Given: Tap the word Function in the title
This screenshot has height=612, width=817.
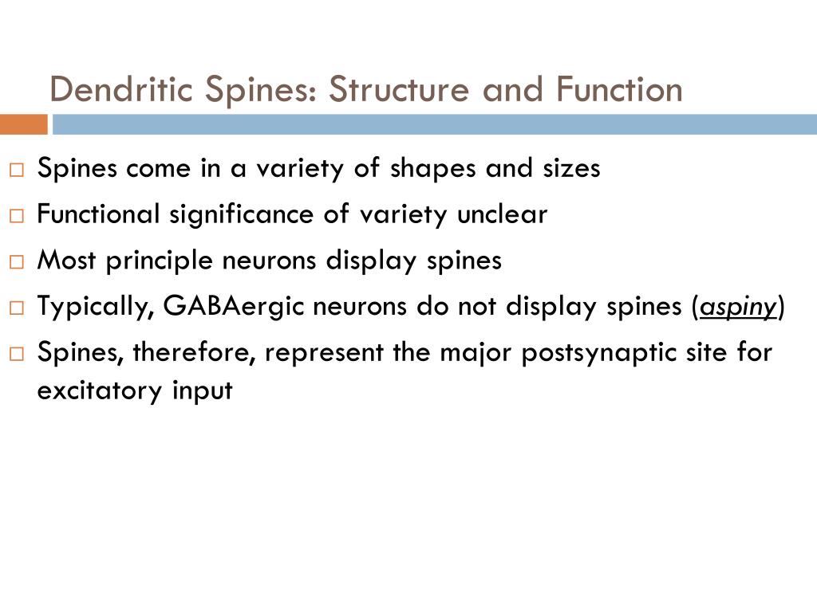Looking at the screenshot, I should (619, 89).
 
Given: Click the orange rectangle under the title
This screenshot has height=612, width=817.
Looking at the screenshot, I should (24, 124).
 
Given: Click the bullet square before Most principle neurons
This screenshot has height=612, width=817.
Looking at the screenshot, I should (17, 261).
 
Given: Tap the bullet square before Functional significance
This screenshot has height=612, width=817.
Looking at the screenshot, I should (17, 215).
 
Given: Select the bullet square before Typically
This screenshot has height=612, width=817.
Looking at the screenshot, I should (17, 308).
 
